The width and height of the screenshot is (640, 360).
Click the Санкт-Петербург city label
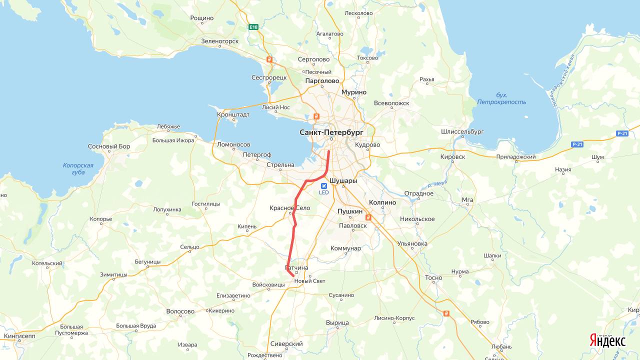pyautogui.click(x=331, y=132)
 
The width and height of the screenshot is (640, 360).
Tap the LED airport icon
pyautogui.click(x=324, y=186)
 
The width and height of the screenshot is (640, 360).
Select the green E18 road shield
pyautogui.click(x=254, y=27)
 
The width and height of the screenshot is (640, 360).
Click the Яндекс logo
pyautogui.click(x=607, y=341)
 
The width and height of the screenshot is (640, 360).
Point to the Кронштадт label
pyautogui.click(x=233, y=114)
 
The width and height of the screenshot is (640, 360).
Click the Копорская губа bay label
pyautogui.click(x=78, y=168)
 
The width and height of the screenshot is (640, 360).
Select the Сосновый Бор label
pyautogui.click(x=109, y=146)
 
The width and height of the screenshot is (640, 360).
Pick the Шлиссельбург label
pyautogui.click(x=462, y=131)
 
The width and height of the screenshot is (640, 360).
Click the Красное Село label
pyautogui.click(x=289, y=208)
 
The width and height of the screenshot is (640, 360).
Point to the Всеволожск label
pyautogui.click(x=391, y=103)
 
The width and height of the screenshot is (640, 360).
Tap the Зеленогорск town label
pyautogui.click(x=219, y=41)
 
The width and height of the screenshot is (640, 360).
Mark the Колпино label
pyautogui.click(x=382, y=202)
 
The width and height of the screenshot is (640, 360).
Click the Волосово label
pyautogui.click(x=180, y=311)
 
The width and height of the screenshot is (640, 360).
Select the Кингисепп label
pyautogui.click(x=19, y=336)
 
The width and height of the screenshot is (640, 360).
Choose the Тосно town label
pyautogui.click(x=433, y=277)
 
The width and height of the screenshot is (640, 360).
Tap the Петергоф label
pyautogui.click(x=257, y=155)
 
